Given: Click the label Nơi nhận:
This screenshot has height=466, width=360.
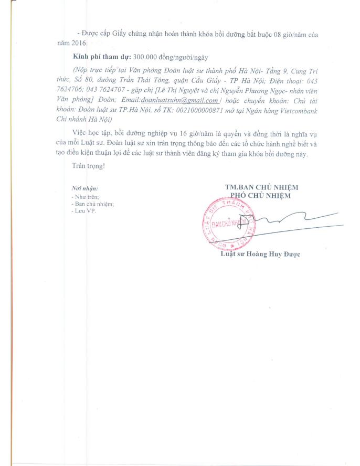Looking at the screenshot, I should click(84, 188).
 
